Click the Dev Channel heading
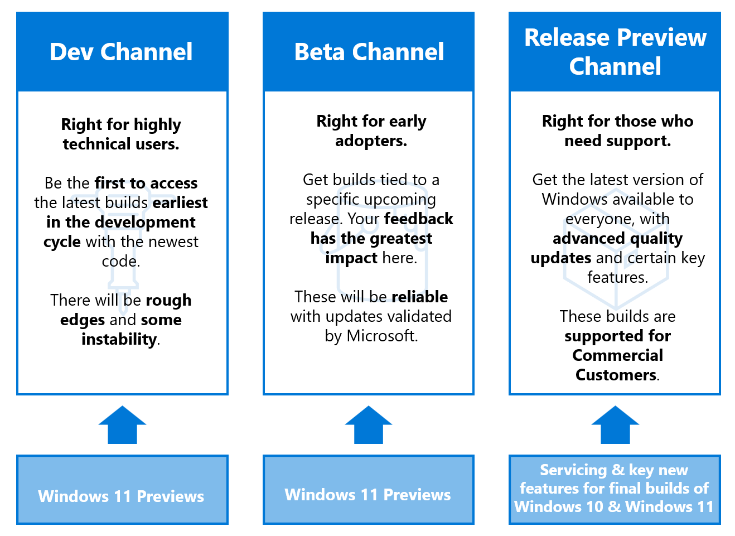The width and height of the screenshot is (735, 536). point(121,52)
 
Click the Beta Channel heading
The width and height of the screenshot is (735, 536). point(369,52)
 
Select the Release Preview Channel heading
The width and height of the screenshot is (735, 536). point(615,52)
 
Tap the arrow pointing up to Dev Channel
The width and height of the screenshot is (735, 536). point(122,425)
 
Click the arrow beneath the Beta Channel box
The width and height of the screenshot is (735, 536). point(369,425)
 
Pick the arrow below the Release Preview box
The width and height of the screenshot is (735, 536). point(615,425)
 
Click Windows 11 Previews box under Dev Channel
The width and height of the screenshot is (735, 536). point(122,496)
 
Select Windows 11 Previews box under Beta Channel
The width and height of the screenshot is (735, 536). point(368,494)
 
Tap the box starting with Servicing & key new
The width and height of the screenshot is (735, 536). point(615,489)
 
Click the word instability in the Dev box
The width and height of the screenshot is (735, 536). point(119,339)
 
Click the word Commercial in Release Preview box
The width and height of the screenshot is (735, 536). point(617,355)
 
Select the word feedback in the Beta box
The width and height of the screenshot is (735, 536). point(418,219)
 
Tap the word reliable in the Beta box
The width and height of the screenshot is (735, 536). point(419,297)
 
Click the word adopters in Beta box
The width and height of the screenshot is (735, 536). point(370,141)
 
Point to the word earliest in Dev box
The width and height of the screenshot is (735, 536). point(180,202)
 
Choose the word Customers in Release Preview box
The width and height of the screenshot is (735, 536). point(616,375)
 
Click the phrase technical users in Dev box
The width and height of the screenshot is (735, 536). point(121,144)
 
